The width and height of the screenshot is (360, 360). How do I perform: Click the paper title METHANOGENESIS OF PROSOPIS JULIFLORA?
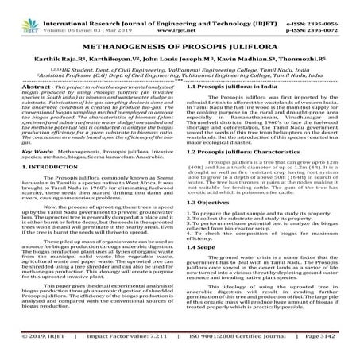tap(180, 45)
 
